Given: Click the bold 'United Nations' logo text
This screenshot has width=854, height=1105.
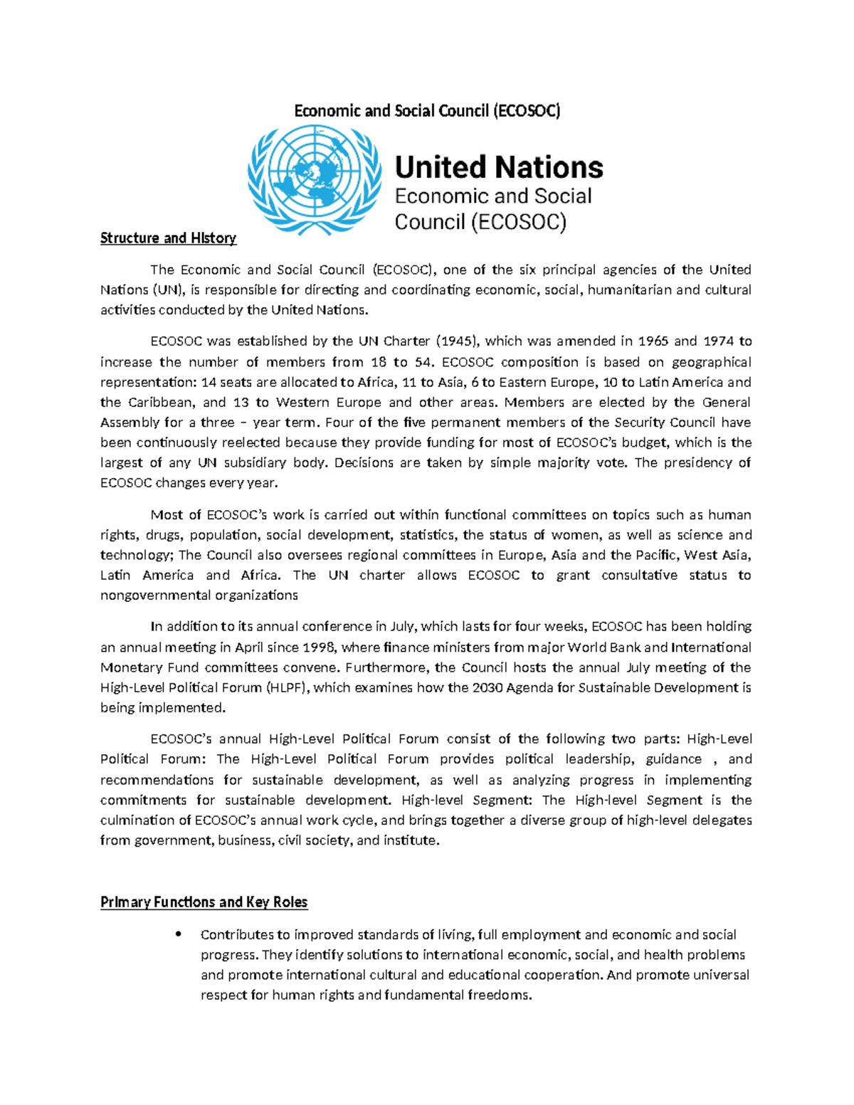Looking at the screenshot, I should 498,168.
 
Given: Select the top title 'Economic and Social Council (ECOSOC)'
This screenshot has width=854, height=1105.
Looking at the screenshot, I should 427,111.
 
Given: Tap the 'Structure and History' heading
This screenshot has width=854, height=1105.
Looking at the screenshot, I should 168,238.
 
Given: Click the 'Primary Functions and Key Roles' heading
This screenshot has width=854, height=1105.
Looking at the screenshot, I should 204,902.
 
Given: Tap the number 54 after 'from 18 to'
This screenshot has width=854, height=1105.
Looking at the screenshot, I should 423,361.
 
